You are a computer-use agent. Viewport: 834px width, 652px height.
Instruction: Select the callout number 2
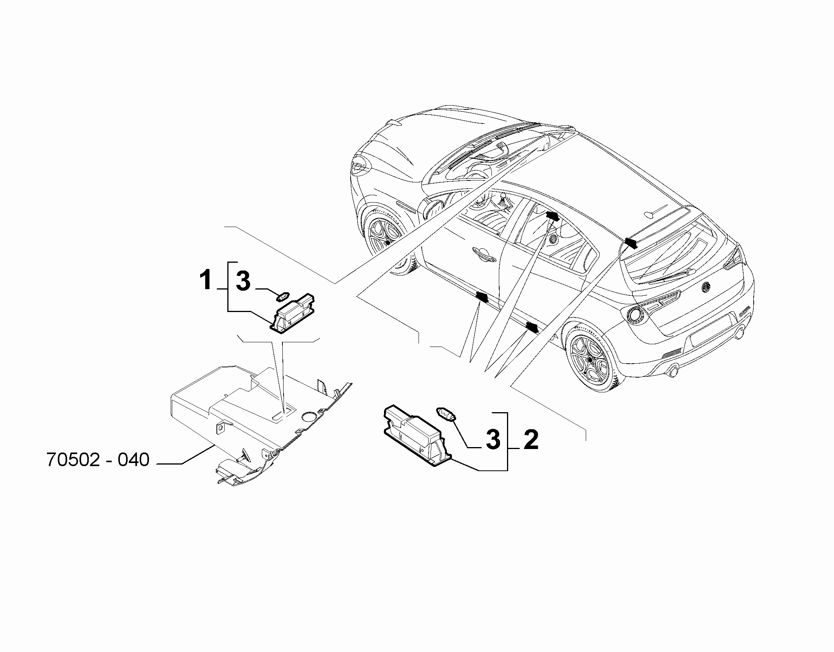(x=531, y=440)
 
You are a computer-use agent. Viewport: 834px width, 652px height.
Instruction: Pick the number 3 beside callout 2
(x=493, y=440)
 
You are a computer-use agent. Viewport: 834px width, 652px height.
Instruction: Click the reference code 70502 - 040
(x=98, y=460)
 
